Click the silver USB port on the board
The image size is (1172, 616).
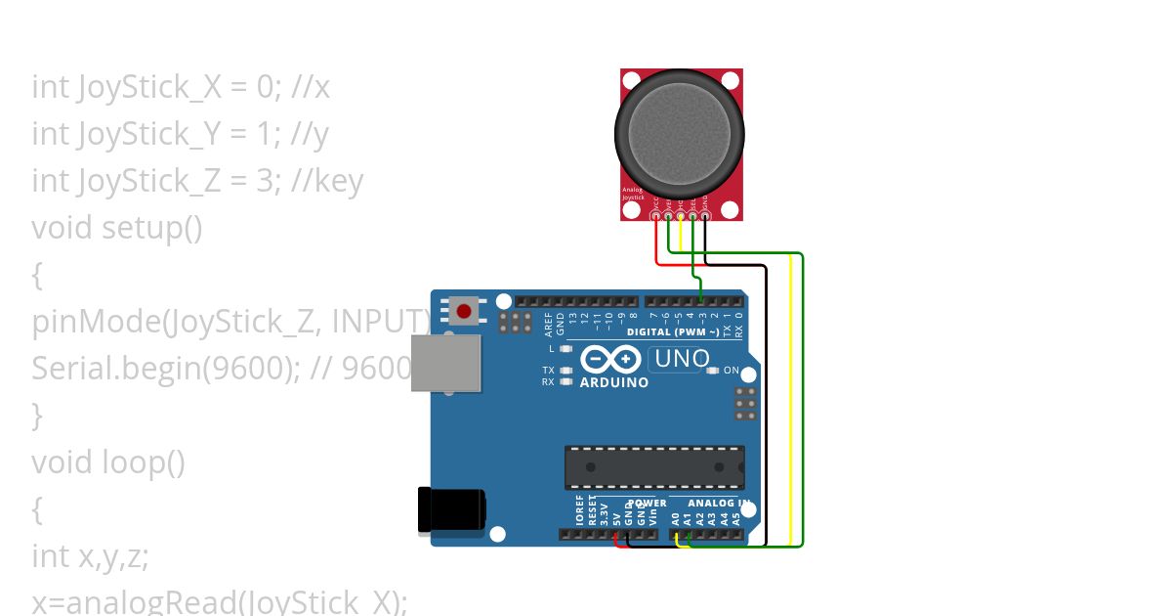446,363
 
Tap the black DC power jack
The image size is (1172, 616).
450,510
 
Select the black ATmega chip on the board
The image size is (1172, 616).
653,467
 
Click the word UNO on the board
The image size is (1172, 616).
682,359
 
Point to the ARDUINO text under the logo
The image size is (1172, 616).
613,382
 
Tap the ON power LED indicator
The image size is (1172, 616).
713,371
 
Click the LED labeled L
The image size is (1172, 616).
565,348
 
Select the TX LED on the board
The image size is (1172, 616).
565,371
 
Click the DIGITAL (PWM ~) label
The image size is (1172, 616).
683,332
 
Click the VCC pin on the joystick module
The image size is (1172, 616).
656,216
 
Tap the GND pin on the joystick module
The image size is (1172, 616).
704,216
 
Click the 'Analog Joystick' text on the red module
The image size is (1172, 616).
634,194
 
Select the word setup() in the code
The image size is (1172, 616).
152,228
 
